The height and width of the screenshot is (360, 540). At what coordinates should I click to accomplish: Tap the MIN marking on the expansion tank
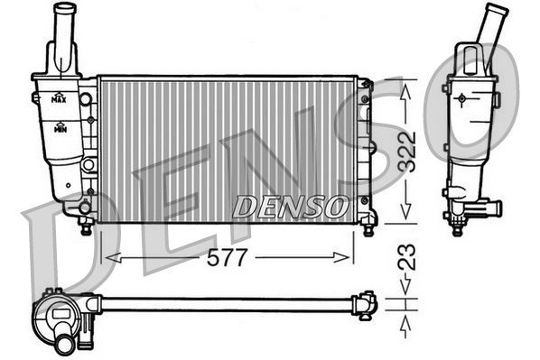(x=60, y=130)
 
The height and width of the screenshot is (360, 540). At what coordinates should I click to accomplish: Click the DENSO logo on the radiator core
(x=288, y=207)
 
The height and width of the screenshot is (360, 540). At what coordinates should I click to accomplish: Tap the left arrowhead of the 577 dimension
(x=111, y=258)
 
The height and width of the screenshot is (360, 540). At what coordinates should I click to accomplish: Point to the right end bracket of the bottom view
(x=366, y=304)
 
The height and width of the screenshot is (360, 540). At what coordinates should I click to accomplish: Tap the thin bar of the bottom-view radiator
(x=226, y=303)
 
